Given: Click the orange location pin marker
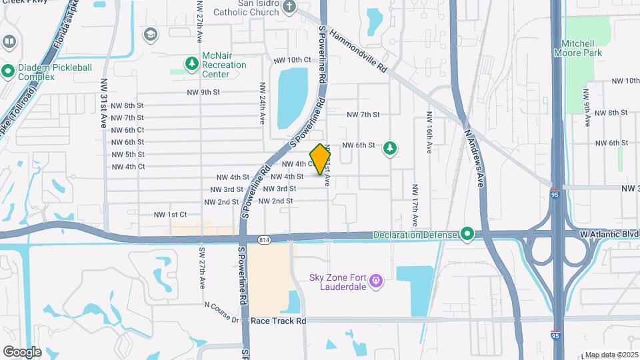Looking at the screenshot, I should coord(320,159).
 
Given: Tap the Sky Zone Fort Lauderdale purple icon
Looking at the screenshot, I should coord(375,281).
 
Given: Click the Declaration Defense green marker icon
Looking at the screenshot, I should coord(467,233).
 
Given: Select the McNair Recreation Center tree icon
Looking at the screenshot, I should coord(192,63).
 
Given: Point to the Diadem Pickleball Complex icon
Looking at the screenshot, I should coord(8,69).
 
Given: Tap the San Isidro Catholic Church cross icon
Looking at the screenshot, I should coord(289,7).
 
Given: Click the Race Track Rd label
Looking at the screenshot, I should coord(278,321).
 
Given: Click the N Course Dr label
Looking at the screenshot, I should coord(222,313).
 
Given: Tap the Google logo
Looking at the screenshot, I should coord(22,351).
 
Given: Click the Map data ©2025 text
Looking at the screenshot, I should coord(611,355).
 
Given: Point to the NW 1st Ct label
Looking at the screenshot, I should coord(170,215).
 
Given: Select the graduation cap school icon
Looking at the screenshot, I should coord(151,34).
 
